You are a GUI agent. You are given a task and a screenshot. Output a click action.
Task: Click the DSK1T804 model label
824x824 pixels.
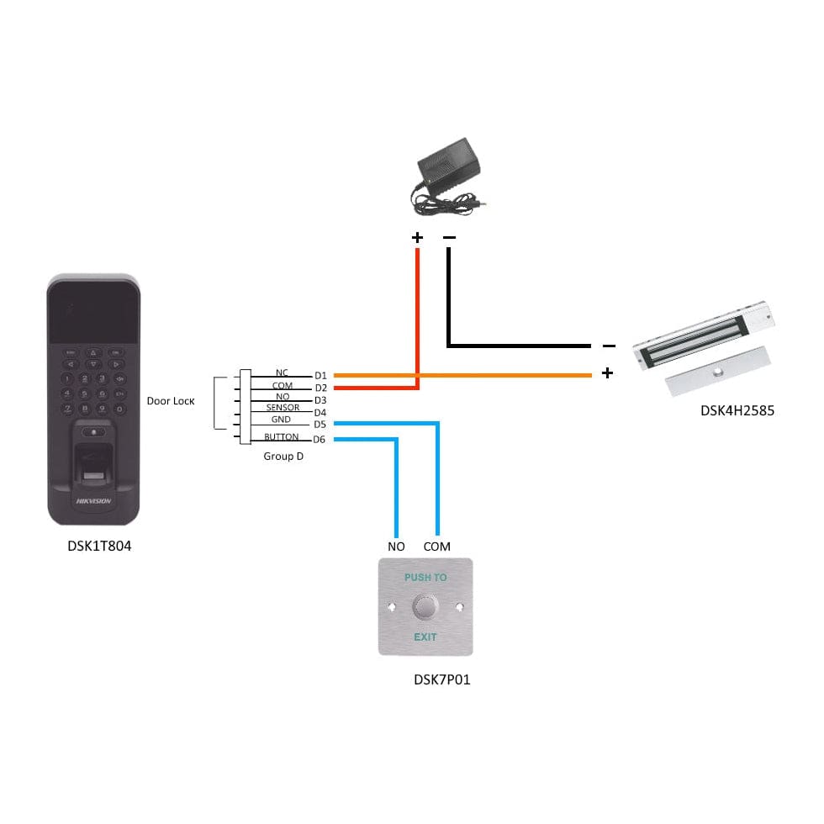pos(99,546)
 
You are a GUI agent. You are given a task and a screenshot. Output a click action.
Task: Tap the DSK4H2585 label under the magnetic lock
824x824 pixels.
pos(737,410)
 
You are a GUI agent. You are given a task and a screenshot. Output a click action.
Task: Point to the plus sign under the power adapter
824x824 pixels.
pos(417,238)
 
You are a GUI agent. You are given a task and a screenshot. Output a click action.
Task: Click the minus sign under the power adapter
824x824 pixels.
pos(449,238)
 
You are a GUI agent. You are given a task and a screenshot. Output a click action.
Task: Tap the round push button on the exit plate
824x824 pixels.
pos(425,607)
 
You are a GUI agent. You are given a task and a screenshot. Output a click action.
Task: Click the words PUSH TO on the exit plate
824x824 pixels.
pos(425,578)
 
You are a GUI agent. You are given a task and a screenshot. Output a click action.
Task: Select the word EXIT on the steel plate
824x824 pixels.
pos(425,636)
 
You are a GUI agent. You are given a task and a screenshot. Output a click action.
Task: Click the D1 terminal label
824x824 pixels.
pos(320,375)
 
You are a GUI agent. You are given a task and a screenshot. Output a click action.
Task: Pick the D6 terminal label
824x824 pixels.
pos(320,440)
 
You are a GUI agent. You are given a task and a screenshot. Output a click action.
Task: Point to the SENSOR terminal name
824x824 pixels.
pos(283,408)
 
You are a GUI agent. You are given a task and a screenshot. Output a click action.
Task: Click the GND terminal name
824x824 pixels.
pos(281,419)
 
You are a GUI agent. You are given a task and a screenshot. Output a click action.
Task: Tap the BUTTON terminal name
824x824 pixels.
pos(281,437)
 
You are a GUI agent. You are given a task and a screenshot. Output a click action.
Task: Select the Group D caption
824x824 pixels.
pos(283,457)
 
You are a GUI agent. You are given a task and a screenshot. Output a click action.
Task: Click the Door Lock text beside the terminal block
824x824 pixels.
pos(171,401)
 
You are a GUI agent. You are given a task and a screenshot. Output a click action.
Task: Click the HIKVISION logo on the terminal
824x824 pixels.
pos(93,500)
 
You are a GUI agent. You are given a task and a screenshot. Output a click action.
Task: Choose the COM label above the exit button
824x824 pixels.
pos(436,547)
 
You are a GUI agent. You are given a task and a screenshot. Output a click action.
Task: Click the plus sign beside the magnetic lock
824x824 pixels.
pos(607,372)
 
